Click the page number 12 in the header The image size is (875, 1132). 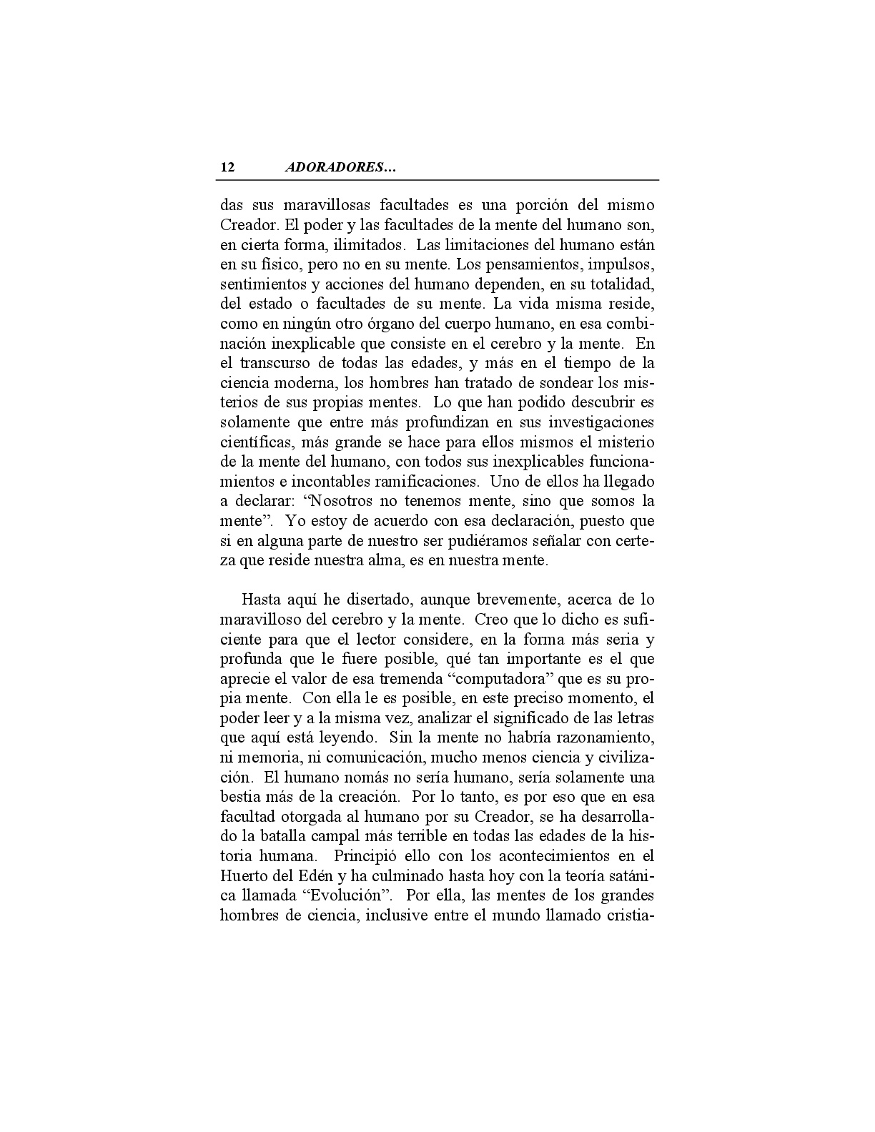(227, 168)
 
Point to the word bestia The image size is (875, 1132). (241, 796)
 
